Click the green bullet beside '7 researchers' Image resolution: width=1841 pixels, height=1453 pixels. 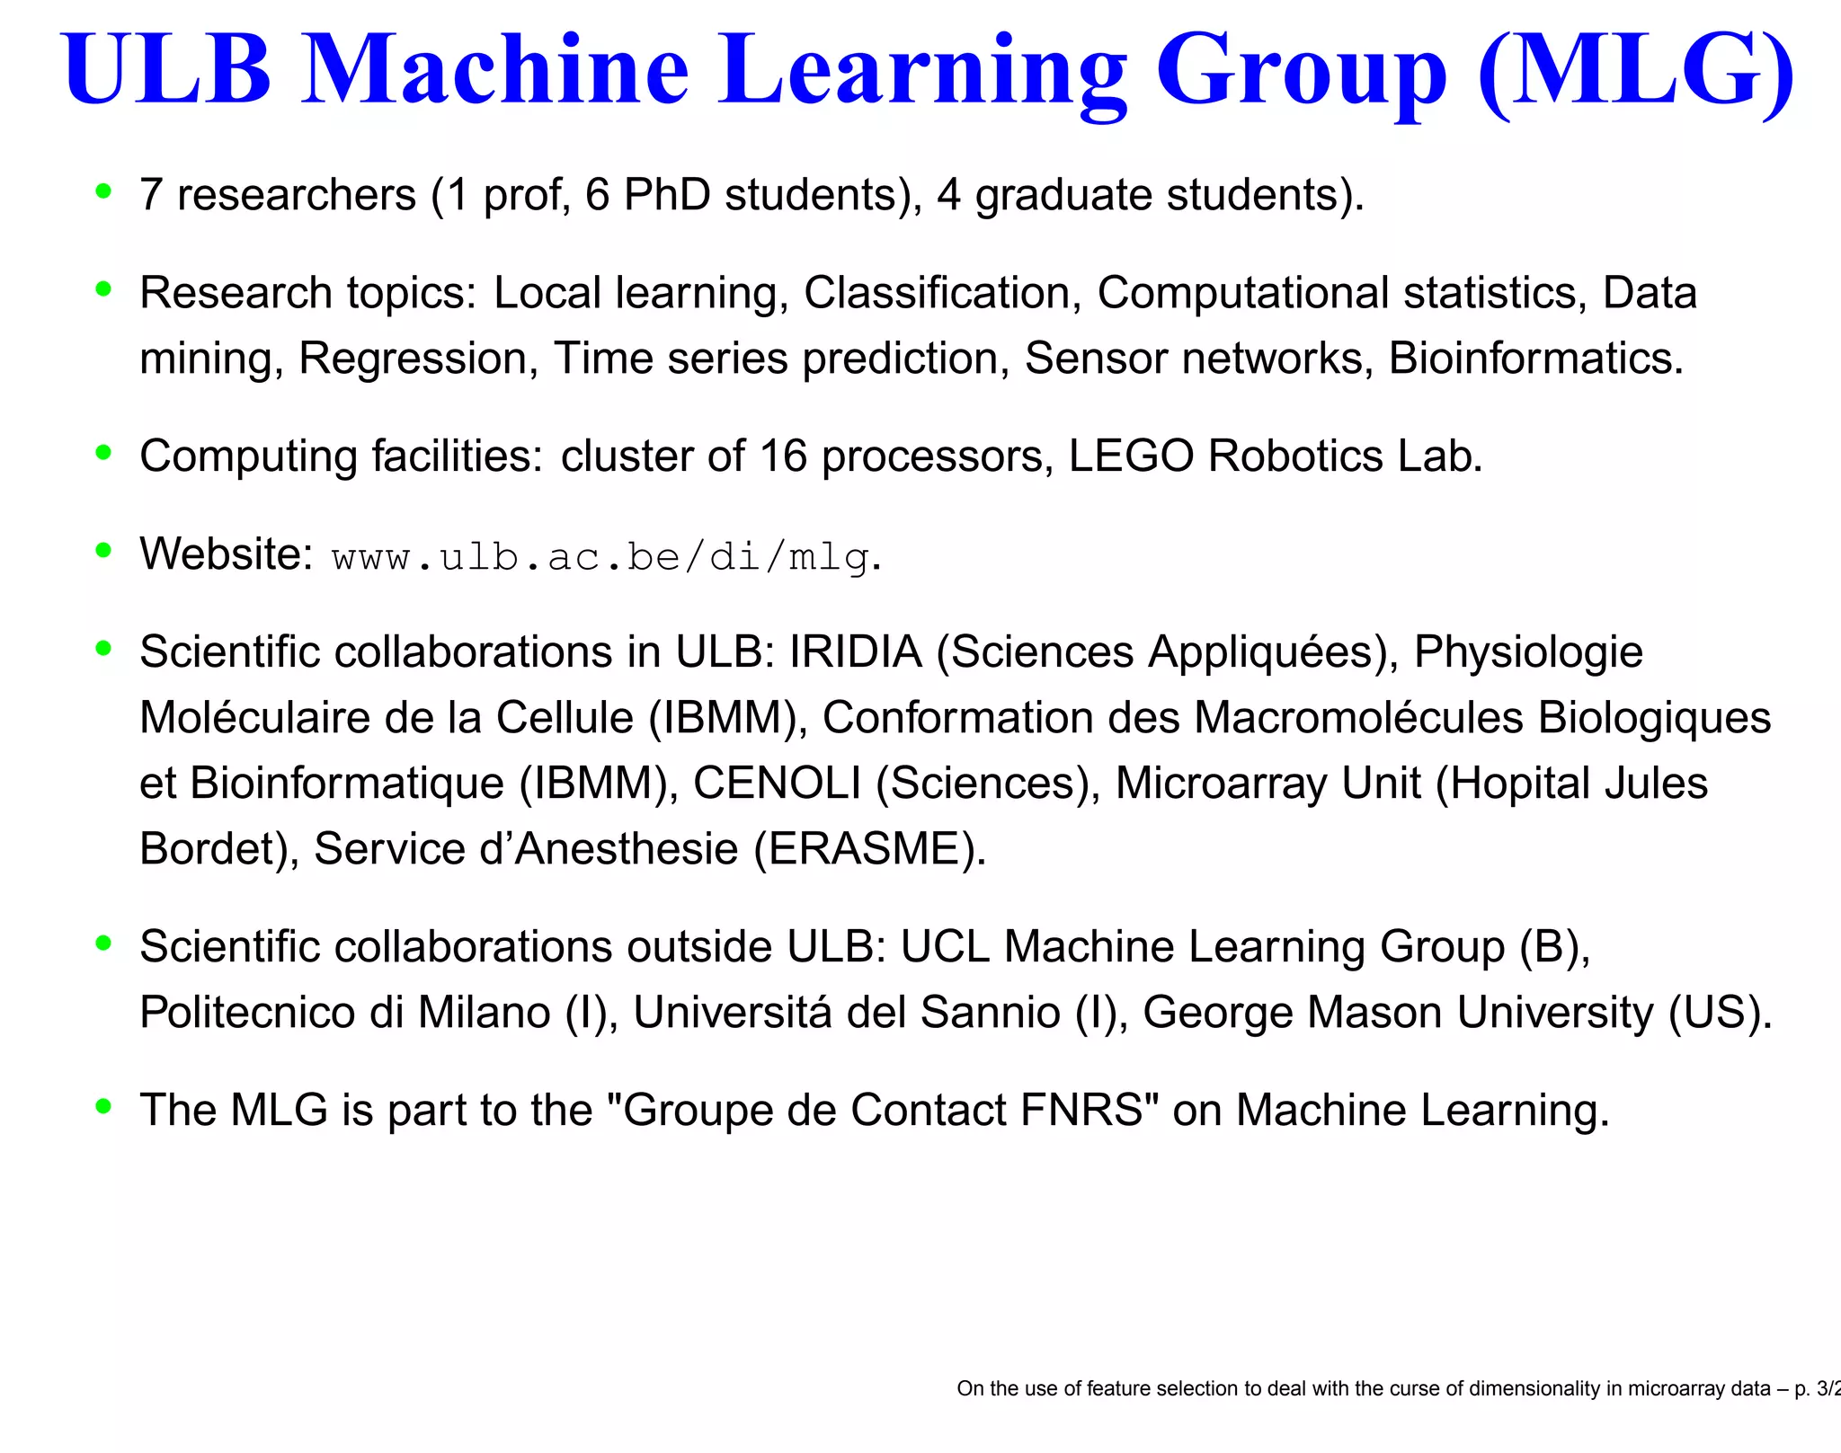(104, 190)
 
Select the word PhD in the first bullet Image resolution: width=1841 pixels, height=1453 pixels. (667, 195)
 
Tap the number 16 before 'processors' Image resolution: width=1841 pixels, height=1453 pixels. (783, 456)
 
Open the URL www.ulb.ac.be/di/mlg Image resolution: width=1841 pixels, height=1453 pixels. (600, 558)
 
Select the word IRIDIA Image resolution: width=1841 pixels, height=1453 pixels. (855, 652)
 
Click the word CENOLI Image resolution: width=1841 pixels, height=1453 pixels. (777, 784)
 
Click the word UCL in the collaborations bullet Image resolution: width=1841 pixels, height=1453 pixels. (947, 947)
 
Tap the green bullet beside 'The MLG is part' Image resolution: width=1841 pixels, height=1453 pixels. (104, 1106)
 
